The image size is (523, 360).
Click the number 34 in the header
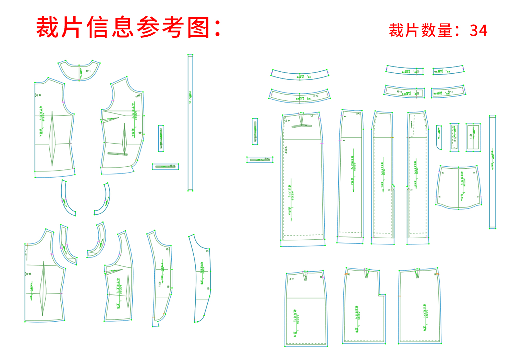(478, 31)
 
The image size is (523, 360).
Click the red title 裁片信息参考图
(129, 27)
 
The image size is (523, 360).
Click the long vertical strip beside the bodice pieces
(190, 122)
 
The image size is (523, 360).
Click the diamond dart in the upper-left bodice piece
(52, 139)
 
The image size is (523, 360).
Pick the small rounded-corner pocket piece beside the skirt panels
(439, 137)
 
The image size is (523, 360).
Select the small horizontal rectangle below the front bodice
(166, 167)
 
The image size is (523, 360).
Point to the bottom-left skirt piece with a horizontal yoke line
(306, 309)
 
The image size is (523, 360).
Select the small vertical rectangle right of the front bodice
(161, 138)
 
